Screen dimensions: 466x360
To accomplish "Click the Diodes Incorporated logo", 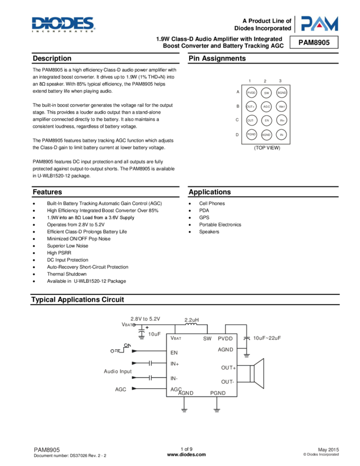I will click(x=64, y=25).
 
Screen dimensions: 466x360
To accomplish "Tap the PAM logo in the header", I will click(x=319, y=23).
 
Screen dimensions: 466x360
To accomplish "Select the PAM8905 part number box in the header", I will click(x=314, y=42).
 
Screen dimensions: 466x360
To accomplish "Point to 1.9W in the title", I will click(x=164, y=39).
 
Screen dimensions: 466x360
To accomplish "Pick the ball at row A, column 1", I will click(x=252, y=93).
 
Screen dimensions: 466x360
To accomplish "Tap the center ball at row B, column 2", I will click(x=266, y=107).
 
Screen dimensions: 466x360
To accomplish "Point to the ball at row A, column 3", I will click(x=281, y=93).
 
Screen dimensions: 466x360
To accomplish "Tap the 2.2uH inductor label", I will click(x=191, y=319).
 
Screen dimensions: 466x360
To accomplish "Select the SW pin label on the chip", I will click(x=207, y=339).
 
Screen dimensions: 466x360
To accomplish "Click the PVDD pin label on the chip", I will click(x=225, y=339).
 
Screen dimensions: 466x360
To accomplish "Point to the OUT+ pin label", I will click(x=227, y=368).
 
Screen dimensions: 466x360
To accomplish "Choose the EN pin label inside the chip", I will click(x=174, y=352).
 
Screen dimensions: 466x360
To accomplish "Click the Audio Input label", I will click(x=118, y=372).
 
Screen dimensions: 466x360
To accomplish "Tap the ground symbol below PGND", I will click(x=217, y=409).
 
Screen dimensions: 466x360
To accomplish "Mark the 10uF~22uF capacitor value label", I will click(x=267, y=338).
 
